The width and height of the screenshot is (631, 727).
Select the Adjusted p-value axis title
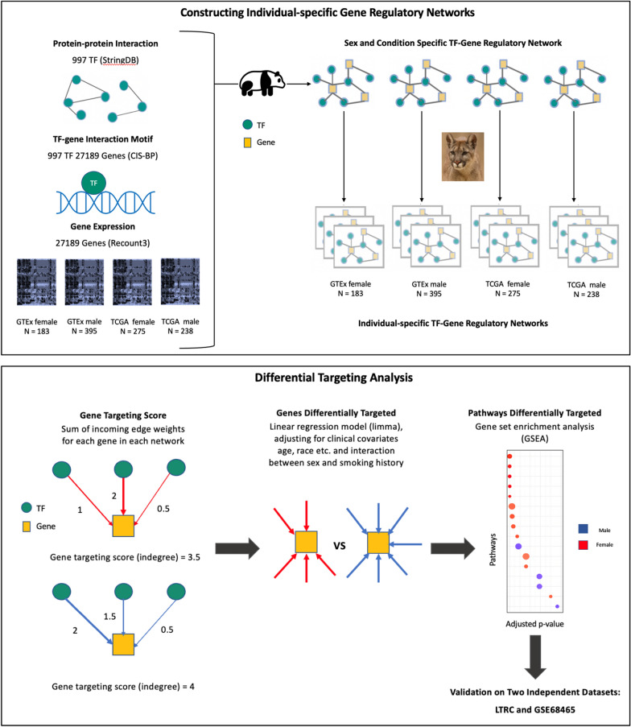(534, 624)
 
